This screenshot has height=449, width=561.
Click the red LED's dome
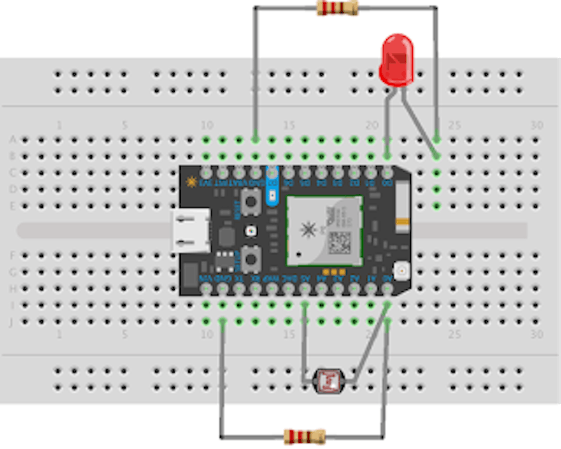[395, 60]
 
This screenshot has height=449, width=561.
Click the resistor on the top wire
[338, 8]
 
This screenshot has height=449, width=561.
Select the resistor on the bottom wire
[304, 436]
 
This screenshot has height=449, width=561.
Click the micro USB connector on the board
[191, 231]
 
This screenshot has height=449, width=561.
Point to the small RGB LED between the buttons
[251, 231]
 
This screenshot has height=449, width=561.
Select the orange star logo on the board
[191, 181]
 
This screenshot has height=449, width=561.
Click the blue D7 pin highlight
[271, 186]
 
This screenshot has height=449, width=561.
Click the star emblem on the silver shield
[308, 230]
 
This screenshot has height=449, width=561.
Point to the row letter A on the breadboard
[11, 140]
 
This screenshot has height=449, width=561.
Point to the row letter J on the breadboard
[11, 322]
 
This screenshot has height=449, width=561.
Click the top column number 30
[537, 125]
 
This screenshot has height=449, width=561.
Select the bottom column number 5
[124, 335]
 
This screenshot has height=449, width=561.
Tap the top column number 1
[59, 125]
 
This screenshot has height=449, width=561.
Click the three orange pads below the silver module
[333, 271]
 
